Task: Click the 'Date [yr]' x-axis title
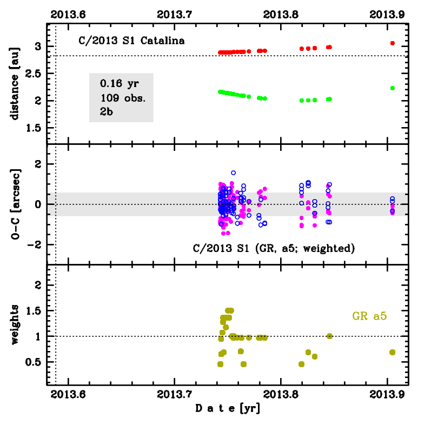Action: [x=228, y=409]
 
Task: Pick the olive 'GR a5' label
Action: [x=369, y=316]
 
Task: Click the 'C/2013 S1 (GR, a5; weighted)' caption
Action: [x=274, y=248]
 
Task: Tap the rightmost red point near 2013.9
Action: [x=392, y=43]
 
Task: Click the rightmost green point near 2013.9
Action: [x=392, y=88]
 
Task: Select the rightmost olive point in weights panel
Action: [x=392, y=352]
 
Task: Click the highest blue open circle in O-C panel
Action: [x=233, y=173]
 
